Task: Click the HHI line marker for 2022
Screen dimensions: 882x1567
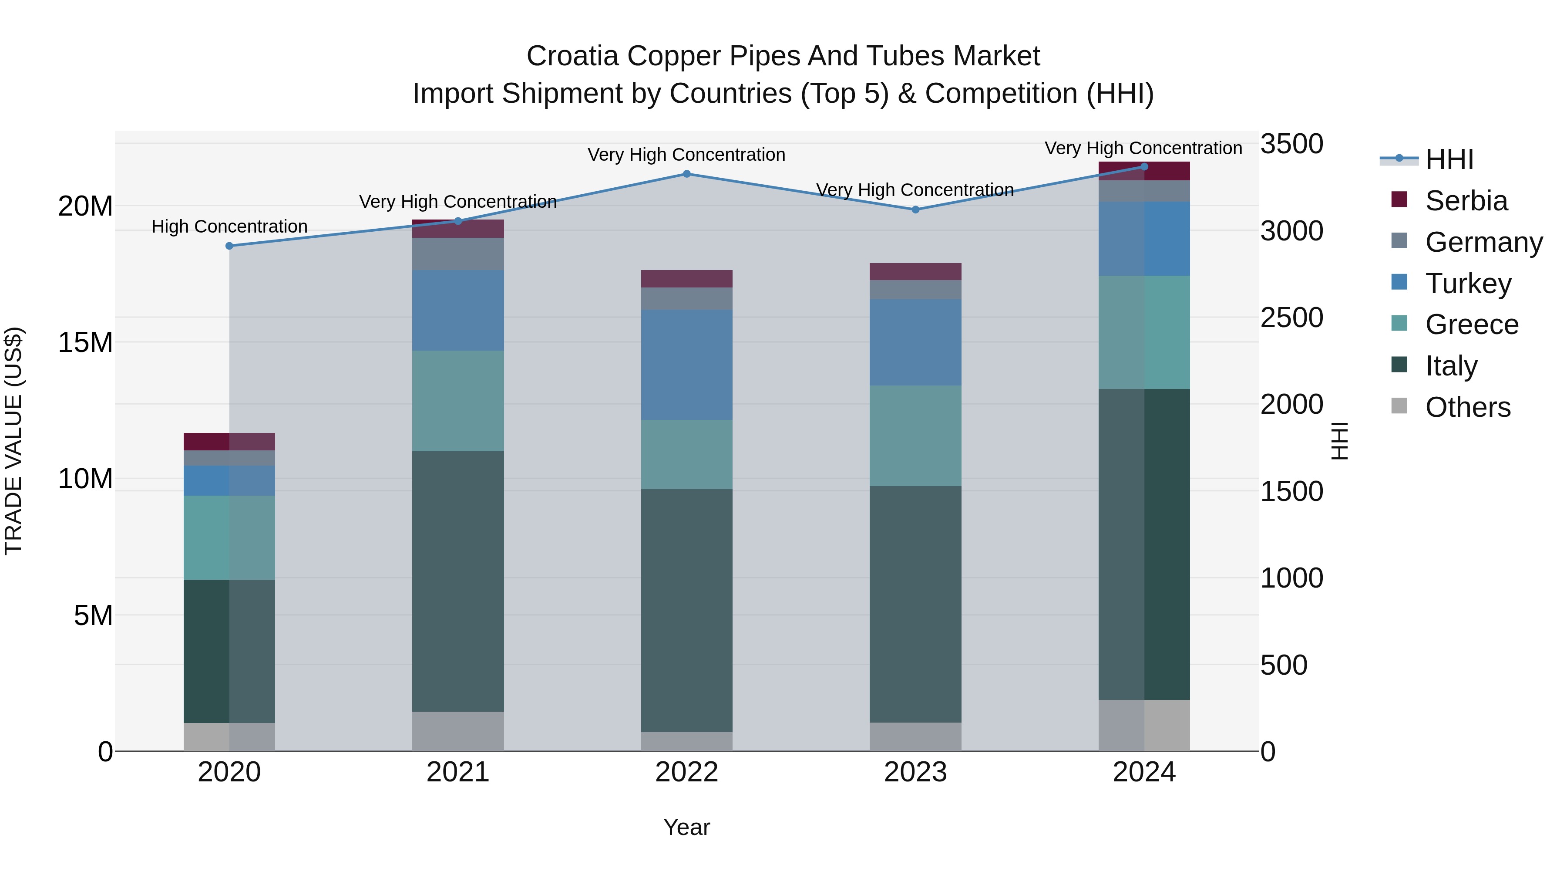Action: click(x=687, y=174)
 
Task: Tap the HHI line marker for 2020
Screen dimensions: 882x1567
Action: click(x=229, y=246)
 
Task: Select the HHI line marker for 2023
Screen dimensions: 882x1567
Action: click(x=915, y=210)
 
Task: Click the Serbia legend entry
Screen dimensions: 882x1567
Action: click(x=1466, y=201)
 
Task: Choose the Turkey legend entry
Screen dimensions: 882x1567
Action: click(x=1468, y=284)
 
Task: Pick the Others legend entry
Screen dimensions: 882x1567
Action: click(x=1467, y=407)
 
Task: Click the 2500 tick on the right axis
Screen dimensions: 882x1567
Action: click(x=1291, y=318)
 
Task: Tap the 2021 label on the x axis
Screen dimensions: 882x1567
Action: click(x=457, y=772)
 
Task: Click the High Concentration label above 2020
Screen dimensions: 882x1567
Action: click(x=229, y=226)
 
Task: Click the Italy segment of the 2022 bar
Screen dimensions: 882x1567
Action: click(x=687, y=611)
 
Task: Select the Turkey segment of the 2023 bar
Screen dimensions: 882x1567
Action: click(x=915, y=342)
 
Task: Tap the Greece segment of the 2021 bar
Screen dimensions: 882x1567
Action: click(x=458, y=401)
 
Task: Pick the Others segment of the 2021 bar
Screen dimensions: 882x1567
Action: click(x=458, y=731)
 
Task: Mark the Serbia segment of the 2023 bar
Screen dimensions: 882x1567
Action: click(x=915, y=271)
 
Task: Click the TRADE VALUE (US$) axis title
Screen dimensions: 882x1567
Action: click(x=13, y=441)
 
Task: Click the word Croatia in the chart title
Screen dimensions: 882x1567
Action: click(x=572, y=56)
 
